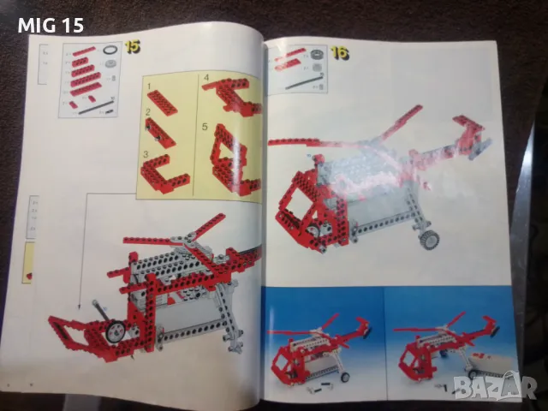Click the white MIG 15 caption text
pos(50,25)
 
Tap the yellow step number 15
pos(132,46)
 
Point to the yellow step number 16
pos(339,54)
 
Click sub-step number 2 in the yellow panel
pos(148,112)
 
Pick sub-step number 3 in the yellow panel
pos(148,154)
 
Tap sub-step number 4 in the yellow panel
pos(206,79)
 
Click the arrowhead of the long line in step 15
pos(76,304)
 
